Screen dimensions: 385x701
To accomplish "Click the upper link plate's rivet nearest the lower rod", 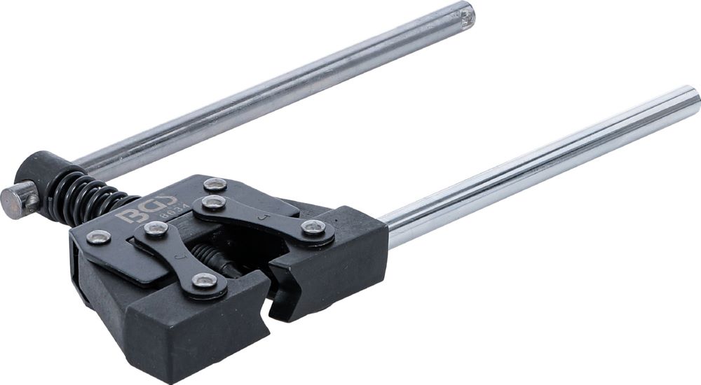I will coord(312,228).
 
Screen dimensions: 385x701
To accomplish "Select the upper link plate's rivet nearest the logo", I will coord(213,204).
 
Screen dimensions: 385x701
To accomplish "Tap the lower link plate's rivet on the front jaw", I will coord(204,281).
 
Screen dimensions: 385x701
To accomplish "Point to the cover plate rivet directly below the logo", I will coord(99,237).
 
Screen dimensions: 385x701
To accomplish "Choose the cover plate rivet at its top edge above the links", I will coord(215,185).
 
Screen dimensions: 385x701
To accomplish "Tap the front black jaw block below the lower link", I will coord(182,329).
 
